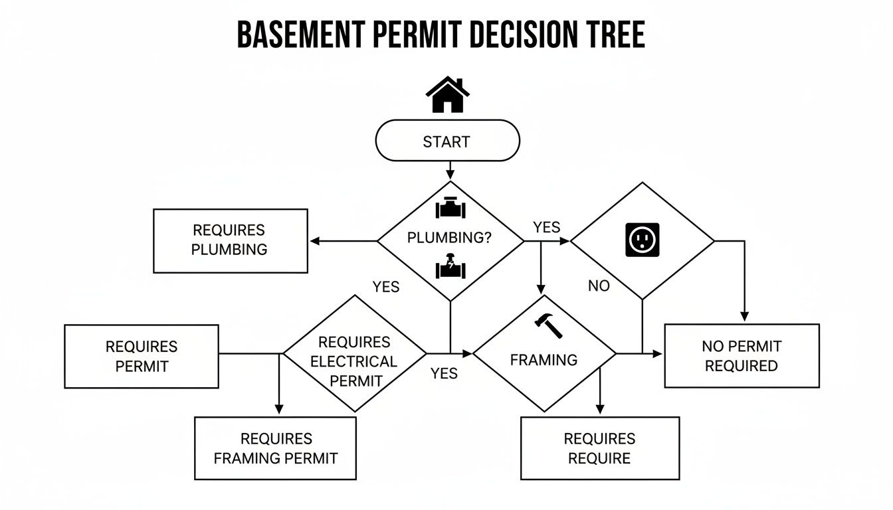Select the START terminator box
447,141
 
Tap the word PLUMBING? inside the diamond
449,238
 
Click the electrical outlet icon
643,240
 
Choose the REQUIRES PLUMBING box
230,240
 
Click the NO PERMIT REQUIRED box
742,356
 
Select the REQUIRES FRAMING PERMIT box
275,448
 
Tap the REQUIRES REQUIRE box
599,448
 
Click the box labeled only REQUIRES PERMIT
142,356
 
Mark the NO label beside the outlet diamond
599,286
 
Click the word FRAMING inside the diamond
544,360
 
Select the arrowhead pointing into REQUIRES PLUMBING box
315,241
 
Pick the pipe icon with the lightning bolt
450,266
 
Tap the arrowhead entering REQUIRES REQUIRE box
600,411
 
